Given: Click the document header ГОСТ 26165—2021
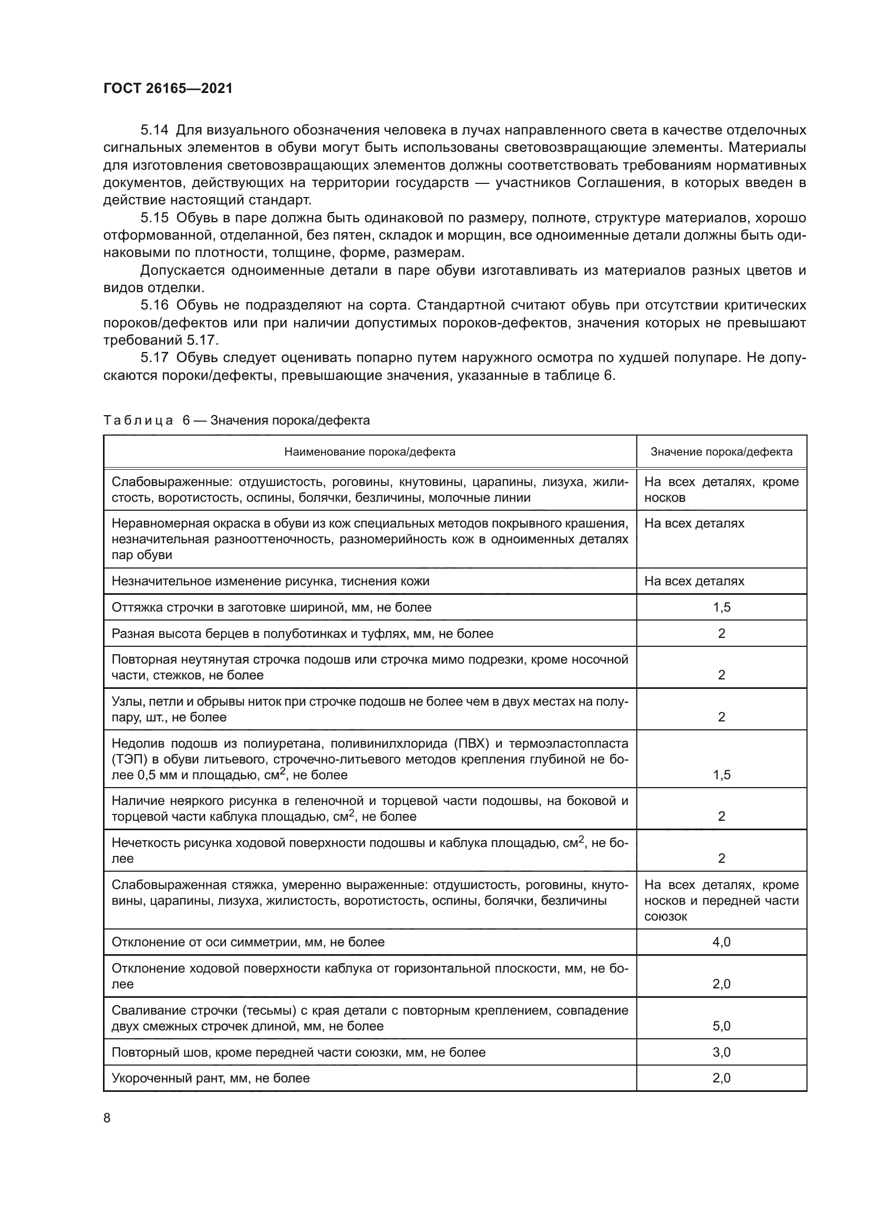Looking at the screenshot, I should [168, 88].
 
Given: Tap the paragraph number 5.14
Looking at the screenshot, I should [154, 130].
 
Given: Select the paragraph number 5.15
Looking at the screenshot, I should [154, 218].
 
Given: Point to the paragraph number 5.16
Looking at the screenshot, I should [154, 305].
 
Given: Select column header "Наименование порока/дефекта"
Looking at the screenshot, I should [369, 452].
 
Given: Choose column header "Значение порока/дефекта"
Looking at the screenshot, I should [721, 452].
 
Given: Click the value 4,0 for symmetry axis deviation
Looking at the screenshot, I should [721, 942].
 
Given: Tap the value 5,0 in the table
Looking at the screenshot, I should [721, 1026].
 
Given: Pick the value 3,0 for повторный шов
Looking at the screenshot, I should [721, 1052].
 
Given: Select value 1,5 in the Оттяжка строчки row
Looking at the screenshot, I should [721, 607].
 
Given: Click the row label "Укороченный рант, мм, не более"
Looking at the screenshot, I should [210, 1079].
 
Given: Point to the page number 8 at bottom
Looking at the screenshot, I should [107, 1118].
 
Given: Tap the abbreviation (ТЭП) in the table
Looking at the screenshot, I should [126, 759].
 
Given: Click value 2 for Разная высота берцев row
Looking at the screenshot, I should [721, 634].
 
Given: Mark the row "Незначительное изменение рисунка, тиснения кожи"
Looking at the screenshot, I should [270, 581].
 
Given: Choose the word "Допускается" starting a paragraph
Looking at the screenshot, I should [182, 270].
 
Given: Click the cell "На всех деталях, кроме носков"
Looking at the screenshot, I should [721, 489].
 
